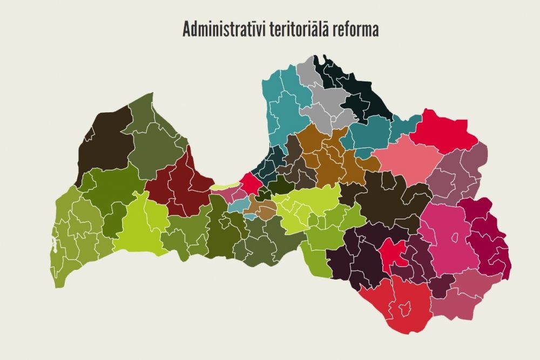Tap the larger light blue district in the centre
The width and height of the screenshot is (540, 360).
click(x=238, y=205)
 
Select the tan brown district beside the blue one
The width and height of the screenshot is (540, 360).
click(x=264, y=209)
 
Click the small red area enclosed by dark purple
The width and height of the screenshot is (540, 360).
click(x=393, y=252)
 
